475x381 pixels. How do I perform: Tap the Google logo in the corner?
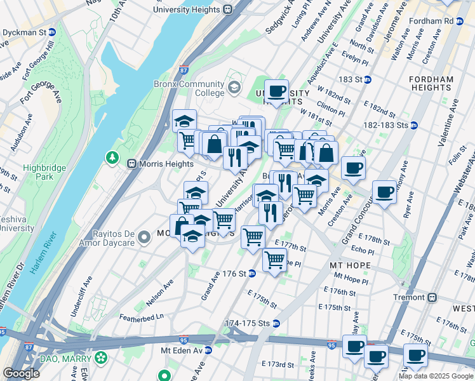[x=21, y=373]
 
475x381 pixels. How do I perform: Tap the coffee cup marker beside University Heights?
[x=276, y=90]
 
